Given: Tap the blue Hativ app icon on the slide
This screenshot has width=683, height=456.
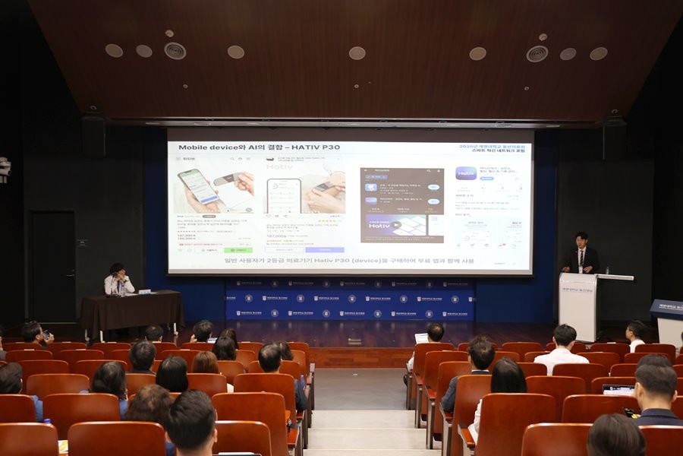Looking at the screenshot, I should pos(465,173).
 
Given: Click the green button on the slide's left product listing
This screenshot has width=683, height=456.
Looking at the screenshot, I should pos(238,249).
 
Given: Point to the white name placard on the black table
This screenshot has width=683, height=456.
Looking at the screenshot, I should pos(143,291).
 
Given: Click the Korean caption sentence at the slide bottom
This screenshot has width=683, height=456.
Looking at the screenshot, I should pos(348,261).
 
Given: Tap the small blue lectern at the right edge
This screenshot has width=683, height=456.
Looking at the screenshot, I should pos(668,319).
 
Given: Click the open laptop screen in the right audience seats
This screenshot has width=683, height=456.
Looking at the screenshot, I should pos(618,389).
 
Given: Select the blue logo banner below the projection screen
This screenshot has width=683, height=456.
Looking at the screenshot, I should pos(349,299).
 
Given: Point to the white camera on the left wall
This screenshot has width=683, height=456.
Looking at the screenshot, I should pos(4,169).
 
